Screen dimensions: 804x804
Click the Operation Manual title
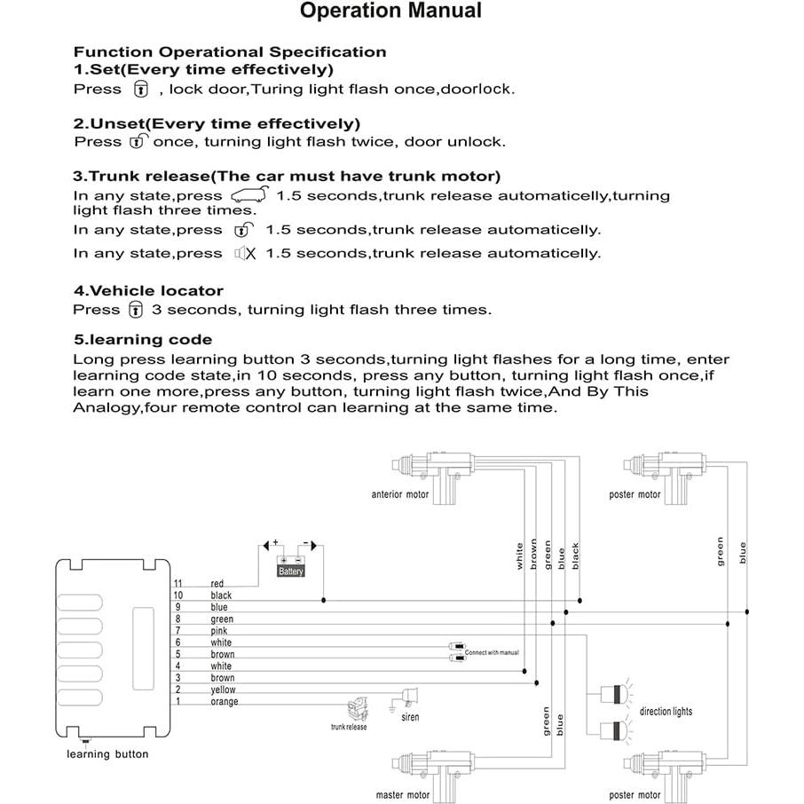click(390, 12)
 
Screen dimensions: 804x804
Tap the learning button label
click(108, 754)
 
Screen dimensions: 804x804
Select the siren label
click(410, 717)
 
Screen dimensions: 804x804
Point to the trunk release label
click(349, 727)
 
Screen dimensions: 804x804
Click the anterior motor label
click(399, 494)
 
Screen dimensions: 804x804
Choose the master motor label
click(403, 795)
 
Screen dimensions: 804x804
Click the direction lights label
click(666, 712)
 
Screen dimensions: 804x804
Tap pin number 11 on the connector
click(177, 583)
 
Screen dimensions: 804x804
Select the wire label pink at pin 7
click(219, 631)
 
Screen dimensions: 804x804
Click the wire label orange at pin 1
click(225, 701)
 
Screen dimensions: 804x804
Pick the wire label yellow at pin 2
click(223, 690)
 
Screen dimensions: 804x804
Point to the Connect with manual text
click(492, 652)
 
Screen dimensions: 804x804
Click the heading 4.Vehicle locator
click(148, 290)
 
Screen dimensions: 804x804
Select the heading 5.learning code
click(143, 339)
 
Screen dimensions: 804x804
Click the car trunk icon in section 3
click(248, 195)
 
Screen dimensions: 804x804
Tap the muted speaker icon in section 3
click(245, 253)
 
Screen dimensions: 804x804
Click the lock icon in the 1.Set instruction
click(140, 89)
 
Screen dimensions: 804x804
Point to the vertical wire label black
click(575, 556)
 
